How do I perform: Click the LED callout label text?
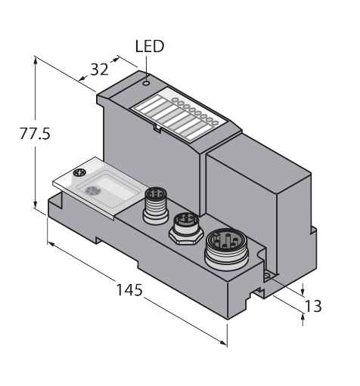tap(150, 47)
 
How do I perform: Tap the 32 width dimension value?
tap(99, 69)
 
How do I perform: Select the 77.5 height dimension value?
tap(35, 134)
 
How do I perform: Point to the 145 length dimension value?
tap(129, 290)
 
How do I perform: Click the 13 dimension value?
tap(313, 306)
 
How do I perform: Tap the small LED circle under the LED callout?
tap(146, 83)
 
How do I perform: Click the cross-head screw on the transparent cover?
tap(79, 173)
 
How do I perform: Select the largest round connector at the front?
tap(226, 250)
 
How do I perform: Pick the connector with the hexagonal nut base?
tap(186, 229)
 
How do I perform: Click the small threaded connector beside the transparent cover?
tap(156, 205)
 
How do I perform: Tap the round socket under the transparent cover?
tap(91, 190)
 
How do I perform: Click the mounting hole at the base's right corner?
tap(267, 276)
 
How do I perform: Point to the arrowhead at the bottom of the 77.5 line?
tap(36, 204)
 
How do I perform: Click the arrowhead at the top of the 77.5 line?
tap(36, 61)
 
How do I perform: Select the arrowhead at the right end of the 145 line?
tap(222, 343)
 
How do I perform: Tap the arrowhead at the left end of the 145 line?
tap(51, 243)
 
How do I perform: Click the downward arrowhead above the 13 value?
tap(303, 291)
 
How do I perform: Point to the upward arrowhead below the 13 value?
tap(303, 318)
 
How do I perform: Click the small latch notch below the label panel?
tap(157, 128)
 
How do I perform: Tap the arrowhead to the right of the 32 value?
tap(115, 60)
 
